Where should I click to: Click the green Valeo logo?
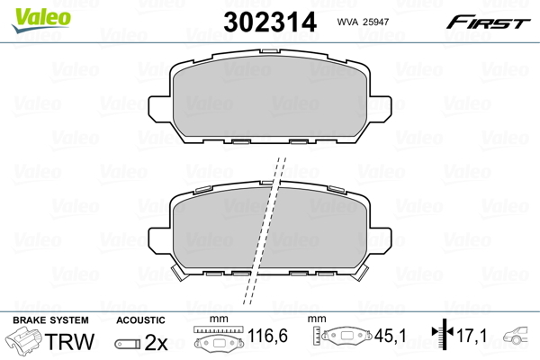tap(41, 19)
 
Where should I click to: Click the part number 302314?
tap(270, 22)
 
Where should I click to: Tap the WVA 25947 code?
tap(363, 22)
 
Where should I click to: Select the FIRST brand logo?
tap(488, 22)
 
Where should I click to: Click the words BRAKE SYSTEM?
tap(50, 320)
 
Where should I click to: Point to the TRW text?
tap(69, 342)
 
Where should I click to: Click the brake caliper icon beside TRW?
tap(23, 340)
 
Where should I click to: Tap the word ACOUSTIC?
tap(140, 320)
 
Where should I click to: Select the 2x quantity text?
tap(157, 342)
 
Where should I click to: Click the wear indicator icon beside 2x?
tap(128, 344)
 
